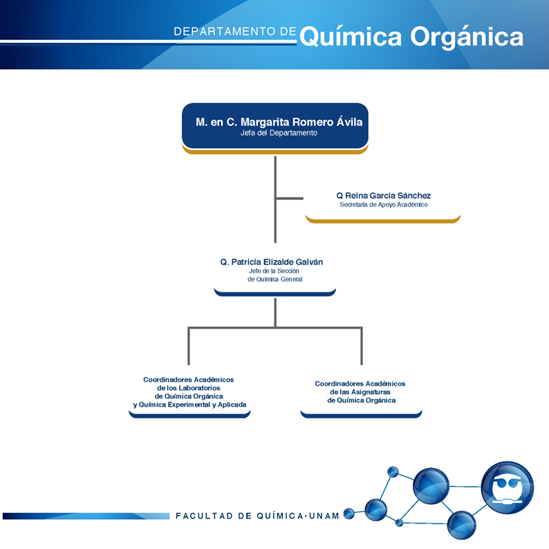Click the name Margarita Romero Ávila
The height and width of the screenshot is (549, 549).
(301, 122)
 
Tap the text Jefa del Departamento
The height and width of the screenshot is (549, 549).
(279, 133)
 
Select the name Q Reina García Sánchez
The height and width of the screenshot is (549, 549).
(383, 196)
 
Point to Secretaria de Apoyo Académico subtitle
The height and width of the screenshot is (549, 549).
(383, 205)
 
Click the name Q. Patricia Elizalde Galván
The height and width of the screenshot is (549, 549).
(271, 262)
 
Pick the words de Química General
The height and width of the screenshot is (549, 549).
(275, 279)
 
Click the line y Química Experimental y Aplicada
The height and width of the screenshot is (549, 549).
(189, 404)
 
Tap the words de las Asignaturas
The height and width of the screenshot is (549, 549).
(360, 392)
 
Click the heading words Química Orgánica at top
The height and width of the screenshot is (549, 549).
(411, 37)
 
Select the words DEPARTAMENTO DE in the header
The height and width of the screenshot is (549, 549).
(235, 32)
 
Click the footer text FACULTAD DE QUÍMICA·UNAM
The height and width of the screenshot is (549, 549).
(257, 516)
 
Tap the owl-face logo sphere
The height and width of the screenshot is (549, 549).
(508, 487)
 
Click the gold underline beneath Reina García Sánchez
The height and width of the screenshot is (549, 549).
(383, 219)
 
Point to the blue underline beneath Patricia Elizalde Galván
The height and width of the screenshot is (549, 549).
(275, 292)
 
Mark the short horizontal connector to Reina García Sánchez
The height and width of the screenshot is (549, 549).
(290, 198)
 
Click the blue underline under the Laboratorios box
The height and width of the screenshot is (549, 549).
(189, 415)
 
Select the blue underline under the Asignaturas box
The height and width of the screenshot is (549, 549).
(361, 415)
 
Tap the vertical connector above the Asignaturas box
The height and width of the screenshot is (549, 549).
(362, 346)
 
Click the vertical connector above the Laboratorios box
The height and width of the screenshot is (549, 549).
(189, 346)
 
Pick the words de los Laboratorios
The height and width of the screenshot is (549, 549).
(188, 388)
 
